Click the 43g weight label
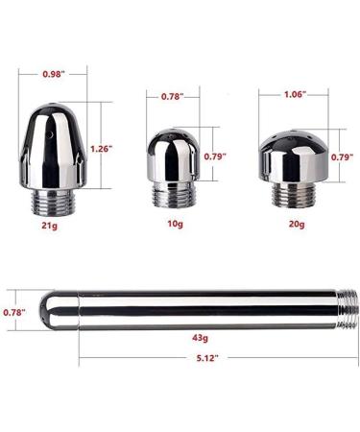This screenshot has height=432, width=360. pos(200,339)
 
